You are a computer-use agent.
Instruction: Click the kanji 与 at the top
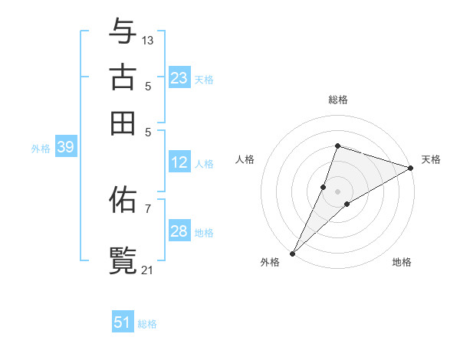tap(123, 32)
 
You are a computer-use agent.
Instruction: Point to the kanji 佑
tap(123, 201)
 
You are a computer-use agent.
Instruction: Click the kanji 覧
tap(123, 259)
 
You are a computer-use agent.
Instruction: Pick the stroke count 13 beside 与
tap(148, 40)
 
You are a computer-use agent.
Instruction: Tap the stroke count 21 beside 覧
tap(148, 269)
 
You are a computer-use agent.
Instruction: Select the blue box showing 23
tap(179, 78)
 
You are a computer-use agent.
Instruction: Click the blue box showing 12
tap(179, 162)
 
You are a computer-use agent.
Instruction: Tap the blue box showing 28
tap(179, 231)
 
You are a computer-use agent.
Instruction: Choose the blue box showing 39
tap(65, 148)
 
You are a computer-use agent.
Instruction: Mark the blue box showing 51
tap(123, 322)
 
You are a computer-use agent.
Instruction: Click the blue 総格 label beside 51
tap(147, 324)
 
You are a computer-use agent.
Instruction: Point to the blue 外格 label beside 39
tap(41, 149)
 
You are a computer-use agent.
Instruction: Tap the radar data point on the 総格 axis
tap(337, 146)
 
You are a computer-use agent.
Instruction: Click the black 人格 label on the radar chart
tap(245, 159)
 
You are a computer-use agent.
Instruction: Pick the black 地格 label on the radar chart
tap(402, 263)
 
